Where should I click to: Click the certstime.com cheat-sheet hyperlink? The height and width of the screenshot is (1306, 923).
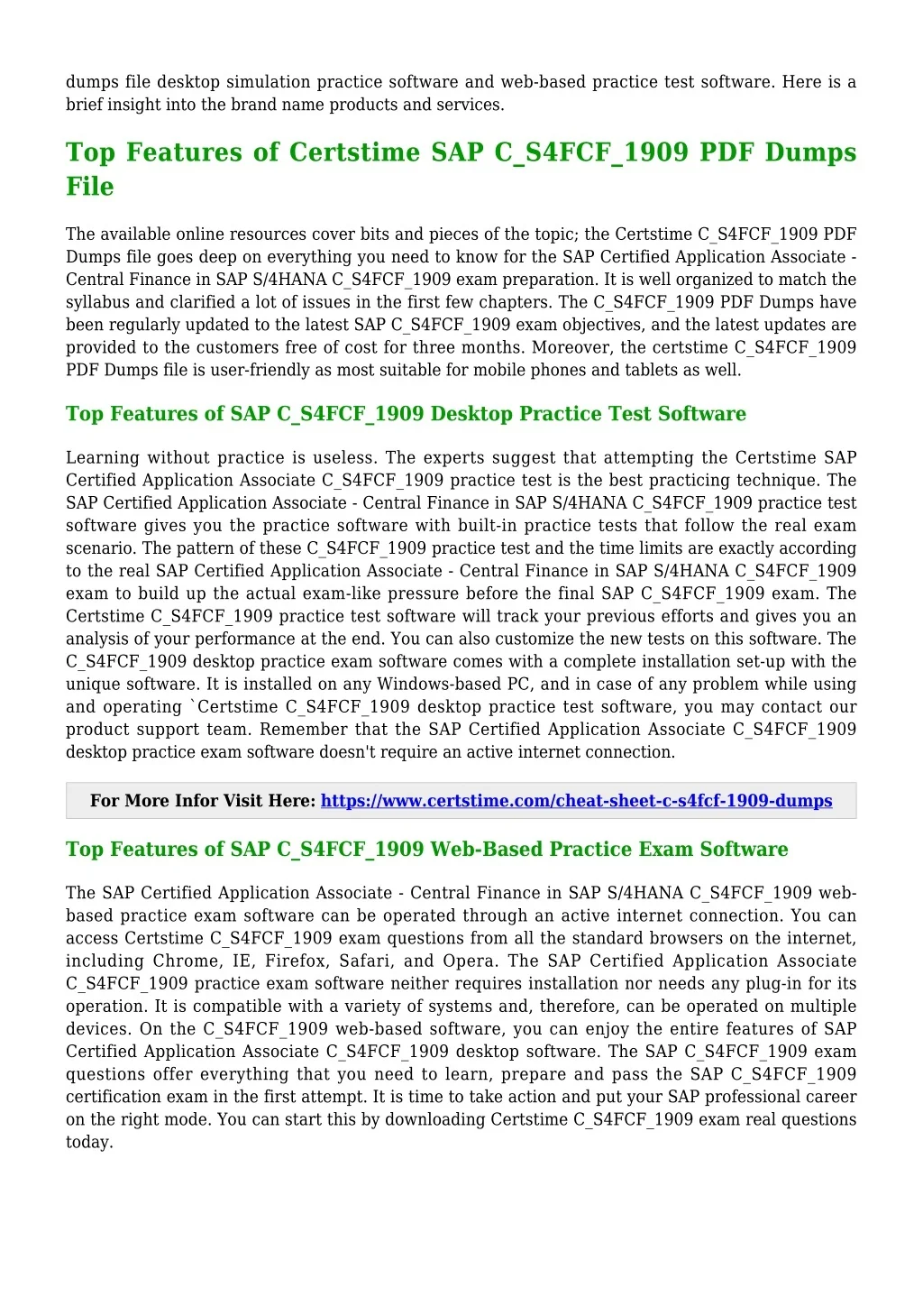pos(576,801)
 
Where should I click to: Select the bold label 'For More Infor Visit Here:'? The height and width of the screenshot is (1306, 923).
pos(203,801)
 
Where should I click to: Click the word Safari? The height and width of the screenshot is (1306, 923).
pos(365,961)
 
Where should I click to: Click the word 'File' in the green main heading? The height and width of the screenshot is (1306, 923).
pos(90,187)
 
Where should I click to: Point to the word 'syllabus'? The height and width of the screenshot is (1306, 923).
pos(97,302)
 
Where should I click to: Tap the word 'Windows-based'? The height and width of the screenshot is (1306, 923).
pos(434,684)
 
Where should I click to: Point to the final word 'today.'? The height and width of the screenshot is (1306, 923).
pos(89,1142)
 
